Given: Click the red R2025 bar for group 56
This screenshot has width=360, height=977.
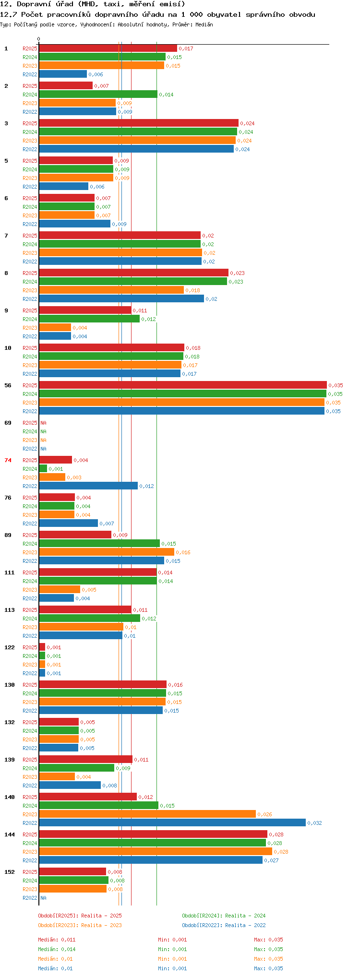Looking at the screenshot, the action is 183,385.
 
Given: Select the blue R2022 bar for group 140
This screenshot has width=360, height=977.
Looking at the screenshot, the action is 172,822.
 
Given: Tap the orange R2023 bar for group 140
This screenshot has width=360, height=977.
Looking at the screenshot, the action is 147,814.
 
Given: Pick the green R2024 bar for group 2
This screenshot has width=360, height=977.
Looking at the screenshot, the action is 98,94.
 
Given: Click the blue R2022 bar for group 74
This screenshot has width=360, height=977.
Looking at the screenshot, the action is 88,486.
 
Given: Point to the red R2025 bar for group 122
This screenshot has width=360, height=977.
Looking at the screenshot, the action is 42,647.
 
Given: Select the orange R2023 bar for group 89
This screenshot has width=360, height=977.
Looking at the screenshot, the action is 107,552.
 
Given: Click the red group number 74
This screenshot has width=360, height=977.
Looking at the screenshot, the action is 8,460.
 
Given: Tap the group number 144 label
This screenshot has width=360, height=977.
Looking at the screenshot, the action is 10,834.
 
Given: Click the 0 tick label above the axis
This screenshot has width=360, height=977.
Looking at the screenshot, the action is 39,39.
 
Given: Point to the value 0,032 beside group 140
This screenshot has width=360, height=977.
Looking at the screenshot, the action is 314,823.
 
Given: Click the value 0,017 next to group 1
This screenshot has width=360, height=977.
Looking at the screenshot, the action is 186,48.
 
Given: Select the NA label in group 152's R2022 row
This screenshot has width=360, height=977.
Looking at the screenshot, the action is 44,898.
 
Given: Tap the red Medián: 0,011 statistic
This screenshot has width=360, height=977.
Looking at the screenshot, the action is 57,940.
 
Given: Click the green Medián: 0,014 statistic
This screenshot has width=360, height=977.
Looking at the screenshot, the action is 57,949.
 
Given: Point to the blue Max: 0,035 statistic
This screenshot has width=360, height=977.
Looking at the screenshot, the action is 268,968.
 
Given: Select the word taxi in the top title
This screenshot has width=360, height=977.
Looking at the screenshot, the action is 111,4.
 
